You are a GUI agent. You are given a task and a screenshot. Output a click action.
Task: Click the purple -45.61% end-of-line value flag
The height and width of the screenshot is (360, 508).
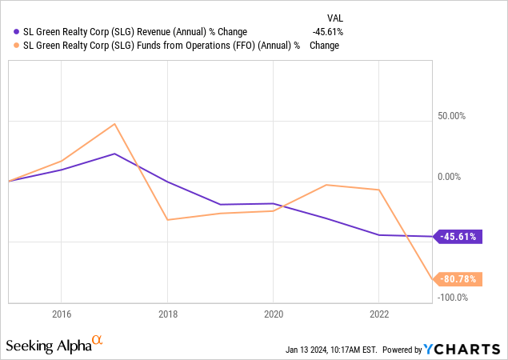[459, 237]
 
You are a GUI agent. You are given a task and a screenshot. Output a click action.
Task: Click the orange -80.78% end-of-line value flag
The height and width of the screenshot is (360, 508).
[459, 279]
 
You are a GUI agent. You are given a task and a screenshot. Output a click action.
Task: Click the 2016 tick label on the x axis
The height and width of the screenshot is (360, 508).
[61, 314]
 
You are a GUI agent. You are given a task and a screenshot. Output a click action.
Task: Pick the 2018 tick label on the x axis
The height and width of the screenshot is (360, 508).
[166, 314]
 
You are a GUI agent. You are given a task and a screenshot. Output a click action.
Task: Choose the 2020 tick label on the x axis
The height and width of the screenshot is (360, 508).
[273, 314]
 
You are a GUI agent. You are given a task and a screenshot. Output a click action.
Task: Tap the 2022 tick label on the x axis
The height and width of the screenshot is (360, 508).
[378, 314]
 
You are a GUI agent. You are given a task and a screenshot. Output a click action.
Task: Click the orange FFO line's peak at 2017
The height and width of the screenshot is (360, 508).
[114, 124]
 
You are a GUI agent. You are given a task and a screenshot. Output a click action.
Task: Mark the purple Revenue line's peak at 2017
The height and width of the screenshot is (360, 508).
[114, 154]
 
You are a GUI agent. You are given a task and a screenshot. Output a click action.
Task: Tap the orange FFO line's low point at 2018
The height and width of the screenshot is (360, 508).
[167, 220]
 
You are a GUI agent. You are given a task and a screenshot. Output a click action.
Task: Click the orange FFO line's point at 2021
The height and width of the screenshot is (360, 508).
[326, 185]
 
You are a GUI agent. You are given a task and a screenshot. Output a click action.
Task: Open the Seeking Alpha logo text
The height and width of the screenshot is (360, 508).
[48, 346]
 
